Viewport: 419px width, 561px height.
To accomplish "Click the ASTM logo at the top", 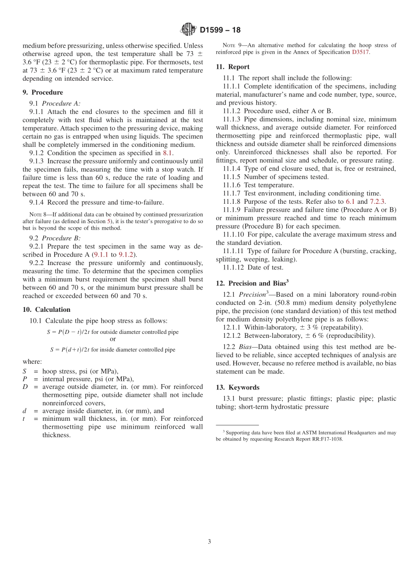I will [188, 30].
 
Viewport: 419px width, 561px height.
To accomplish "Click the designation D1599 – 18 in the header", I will [220, 30].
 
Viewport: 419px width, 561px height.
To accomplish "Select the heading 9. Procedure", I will [43, 92].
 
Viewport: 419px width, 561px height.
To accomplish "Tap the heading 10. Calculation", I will [46, 309].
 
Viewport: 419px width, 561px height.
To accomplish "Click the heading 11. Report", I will [232, 67].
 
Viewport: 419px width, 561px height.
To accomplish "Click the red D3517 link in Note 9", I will [360, 52].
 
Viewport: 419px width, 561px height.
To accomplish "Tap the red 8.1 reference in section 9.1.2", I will [168, 153].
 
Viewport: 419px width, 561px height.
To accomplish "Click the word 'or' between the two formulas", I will [113, 339].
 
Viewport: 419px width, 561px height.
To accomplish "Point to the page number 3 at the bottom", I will [209, 542].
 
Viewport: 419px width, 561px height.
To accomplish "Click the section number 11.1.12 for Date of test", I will [233, 267].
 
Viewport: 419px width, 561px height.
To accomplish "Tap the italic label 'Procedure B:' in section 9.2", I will [61, 238].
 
